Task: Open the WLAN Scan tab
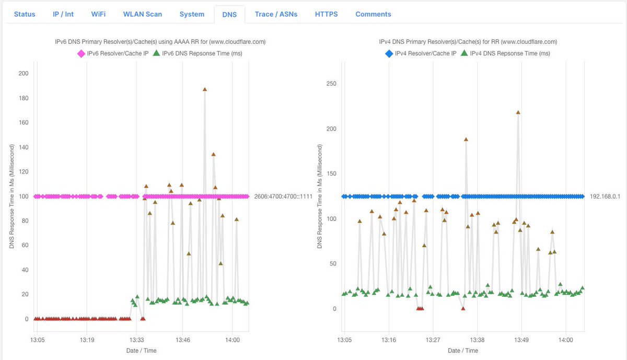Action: [142, 14]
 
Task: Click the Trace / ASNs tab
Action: [276, 14]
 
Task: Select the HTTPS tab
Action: [326, 14]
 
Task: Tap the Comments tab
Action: [373, 14]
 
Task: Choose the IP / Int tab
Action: [63, 14]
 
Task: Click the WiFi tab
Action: [98, 14]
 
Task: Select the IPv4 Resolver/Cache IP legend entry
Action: [421, 53]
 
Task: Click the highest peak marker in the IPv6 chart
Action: [205, 89]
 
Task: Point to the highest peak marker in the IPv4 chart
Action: [518, 112]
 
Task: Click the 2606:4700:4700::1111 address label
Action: [283, 197]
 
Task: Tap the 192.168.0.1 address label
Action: [605, 197]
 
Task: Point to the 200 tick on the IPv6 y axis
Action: [23, 74]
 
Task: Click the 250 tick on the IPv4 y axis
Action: [331, 84]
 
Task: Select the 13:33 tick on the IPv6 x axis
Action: [136, 340]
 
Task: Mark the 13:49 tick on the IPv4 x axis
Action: [521, 340]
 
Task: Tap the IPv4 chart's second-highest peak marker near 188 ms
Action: [466, 140]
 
